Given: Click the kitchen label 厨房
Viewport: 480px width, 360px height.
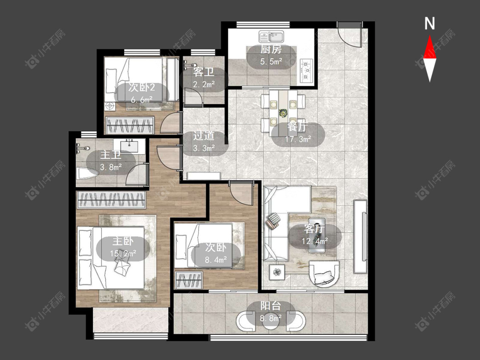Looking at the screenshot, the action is tap(271, 49).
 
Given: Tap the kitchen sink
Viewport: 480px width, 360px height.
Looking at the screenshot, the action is tap(271, 36).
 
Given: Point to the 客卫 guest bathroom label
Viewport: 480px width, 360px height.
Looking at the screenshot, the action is tap(204, 73).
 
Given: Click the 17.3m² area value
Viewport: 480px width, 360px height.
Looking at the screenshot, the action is tap(298, 139).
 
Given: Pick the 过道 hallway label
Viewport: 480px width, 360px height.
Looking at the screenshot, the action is tap(204, 136).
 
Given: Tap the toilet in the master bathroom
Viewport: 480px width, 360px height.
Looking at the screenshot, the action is tap(87, 174).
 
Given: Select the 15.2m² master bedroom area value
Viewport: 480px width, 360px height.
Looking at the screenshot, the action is tap(123, 253).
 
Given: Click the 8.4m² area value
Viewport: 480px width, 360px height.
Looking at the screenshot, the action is tap(216, 260).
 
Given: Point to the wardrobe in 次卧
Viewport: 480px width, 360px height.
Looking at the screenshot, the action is tap(189, 280).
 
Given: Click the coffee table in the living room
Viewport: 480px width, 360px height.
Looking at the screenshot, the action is tap(317, 235).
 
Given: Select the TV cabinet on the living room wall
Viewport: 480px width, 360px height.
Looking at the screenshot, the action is tap(360, 236).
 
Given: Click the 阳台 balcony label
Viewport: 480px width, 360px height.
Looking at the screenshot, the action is tap(271, 306).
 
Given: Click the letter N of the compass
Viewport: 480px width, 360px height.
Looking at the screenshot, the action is tap(430, 23).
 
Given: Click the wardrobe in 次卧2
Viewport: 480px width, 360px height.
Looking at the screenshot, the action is tap(129, 125).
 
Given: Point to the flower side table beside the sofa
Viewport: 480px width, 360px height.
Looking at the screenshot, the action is tap(277, 272).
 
